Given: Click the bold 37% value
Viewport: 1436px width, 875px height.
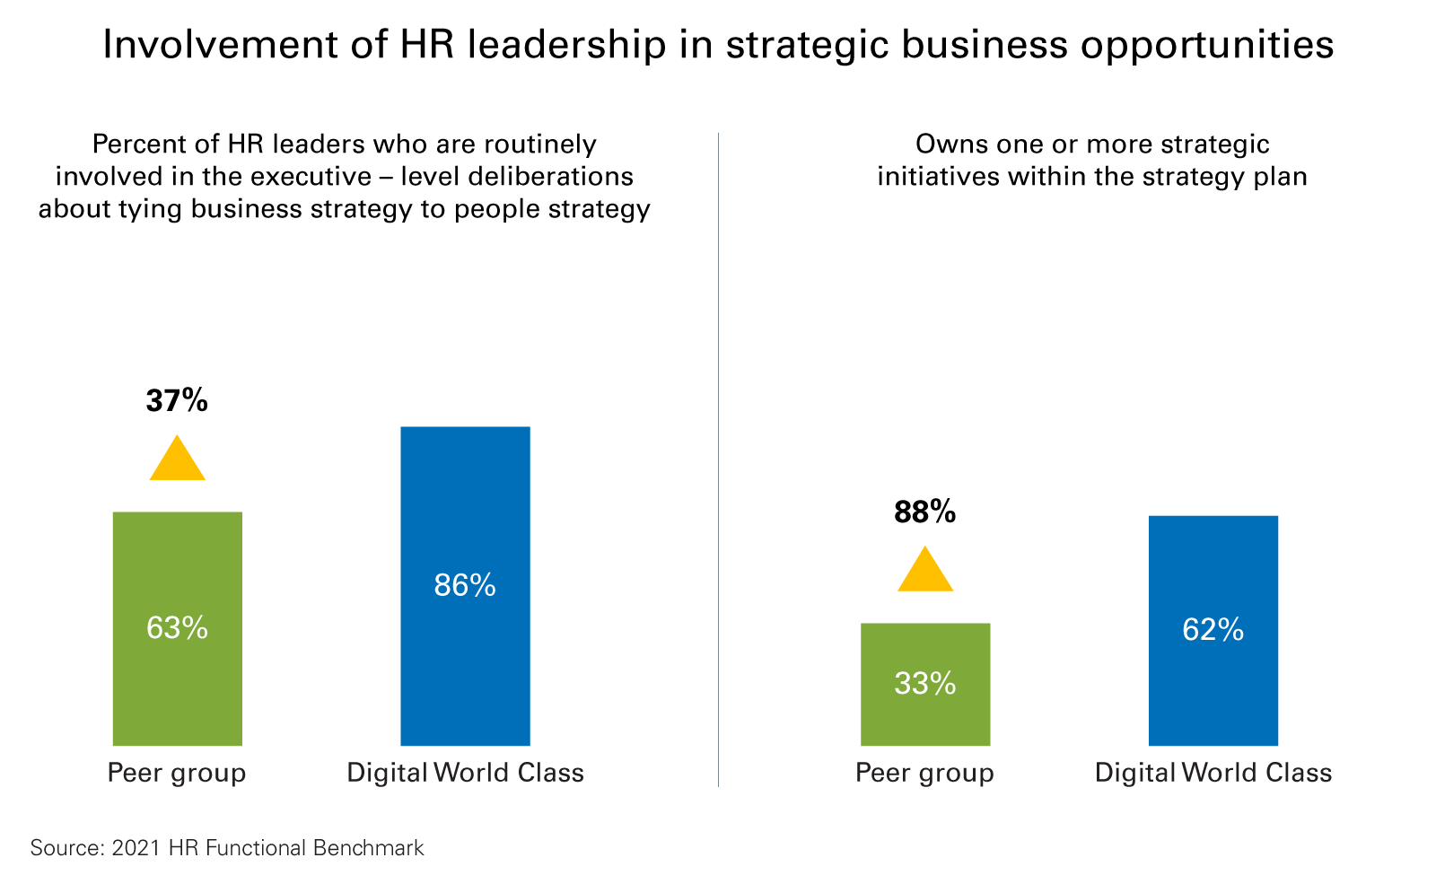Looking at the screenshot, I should point(177,400).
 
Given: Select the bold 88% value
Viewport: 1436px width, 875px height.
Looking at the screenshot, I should point(924,512).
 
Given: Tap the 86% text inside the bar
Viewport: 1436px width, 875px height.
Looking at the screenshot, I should point(465,586).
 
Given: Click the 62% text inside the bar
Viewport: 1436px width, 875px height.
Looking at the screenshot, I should point(1213,630).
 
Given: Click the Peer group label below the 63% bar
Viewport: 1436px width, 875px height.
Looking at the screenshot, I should point(177,773).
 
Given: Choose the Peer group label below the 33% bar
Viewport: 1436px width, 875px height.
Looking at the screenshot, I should point(924,773).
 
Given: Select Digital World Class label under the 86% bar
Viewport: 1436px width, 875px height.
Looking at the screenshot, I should point(465,773).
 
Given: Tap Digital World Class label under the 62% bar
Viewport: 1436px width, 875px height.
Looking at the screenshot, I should point(1213,773).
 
